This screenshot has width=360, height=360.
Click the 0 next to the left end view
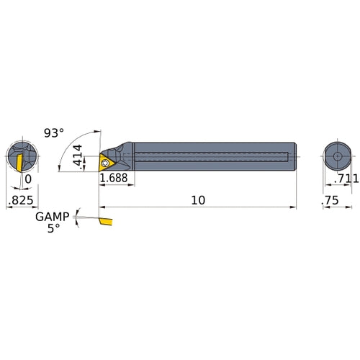(x=28, y=178)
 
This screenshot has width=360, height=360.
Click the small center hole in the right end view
(x=335, y=156)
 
